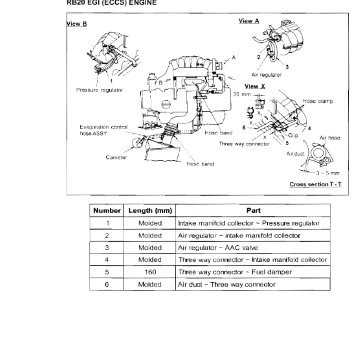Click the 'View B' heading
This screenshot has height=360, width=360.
tap(76, 24)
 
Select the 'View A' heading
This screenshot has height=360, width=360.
tap(249, 21)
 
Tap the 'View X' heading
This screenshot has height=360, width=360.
tap(255, 86)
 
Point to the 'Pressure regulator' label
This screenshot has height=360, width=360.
tap(99, 90)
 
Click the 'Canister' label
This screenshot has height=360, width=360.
tap(116, 157)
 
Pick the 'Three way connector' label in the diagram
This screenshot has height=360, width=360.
tap(244, 144)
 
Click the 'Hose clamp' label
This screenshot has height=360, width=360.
tap(318, 101)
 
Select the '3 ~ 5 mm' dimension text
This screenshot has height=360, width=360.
tap(328, 173)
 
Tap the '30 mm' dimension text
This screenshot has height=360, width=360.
tap(242, 94)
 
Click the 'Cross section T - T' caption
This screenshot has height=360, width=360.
tap(315, 184)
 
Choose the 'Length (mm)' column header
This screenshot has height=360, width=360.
tap(150, 211)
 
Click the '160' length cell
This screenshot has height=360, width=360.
tap(150, 272)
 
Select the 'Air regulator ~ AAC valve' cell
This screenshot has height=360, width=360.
tap(218, 248)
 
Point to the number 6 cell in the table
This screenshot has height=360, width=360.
tap(107, 284)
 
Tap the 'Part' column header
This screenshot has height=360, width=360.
tap(253, 211)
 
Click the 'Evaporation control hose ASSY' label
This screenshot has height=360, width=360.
tap(103, 130)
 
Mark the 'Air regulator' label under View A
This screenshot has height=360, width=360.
tap(266, 75)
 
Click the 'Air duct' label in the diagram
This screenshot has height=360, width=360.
tap(296, 153)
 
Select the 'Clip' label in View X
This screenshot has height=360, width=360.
tap(293, 135)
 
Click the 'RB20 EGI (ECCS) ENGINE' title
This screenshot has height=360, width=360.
tap(112, 3)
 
